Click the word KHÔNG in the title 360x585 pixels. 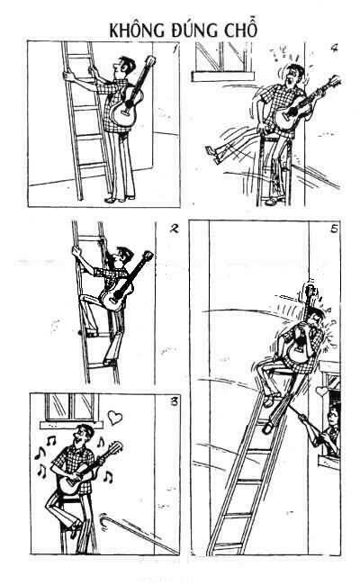137,31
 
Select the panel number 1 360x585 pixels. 175,49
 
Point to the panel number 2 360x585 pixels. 174,228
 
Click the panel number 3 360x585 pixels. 174,401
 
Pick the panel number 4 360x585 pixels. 334,48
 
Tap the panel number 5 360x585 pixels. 334,229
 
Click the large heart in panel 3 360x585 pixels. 114,417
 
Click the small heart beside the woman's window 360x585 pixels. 321,391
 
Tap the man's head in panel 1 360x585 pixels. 124,67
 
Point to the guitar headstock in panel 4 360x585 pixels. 334,81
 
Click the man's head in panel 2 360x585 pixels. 122,256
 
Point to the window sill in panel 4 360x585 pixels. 222,76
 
